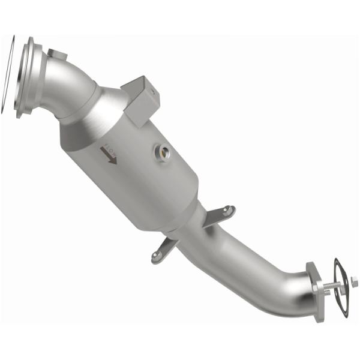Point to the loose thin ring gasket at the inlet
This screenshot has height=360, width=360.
[7, 76]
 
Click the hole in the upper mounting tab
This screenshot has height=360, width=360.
[227, 210]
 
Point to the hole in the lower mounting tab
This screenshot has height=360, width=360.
[157, 256]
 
